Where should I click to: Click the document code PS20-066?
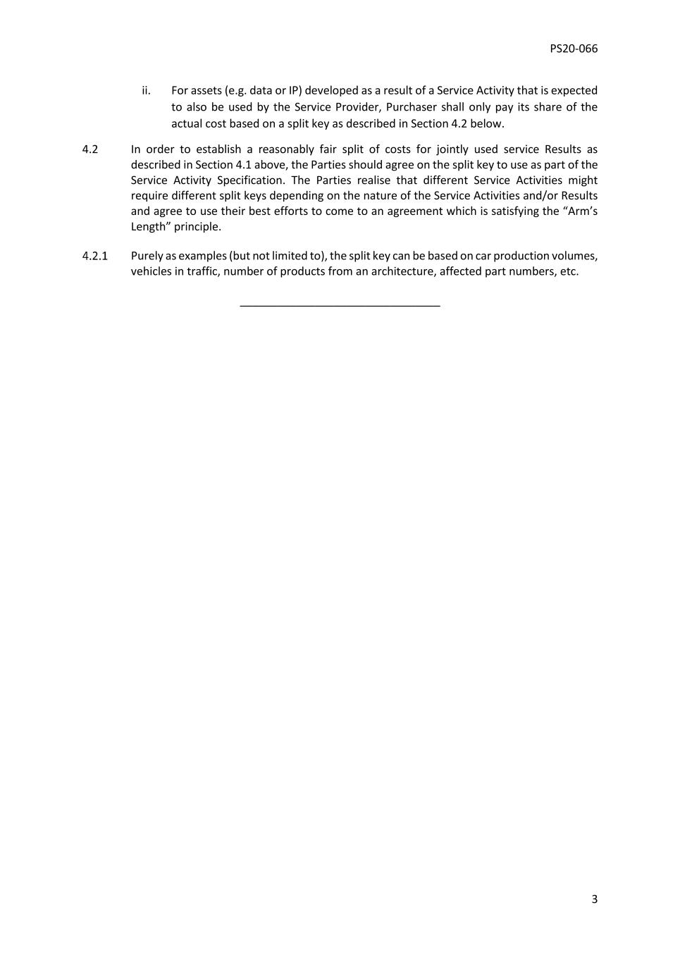tap(574, 49)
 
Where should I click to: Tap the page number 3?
tap(594, 899)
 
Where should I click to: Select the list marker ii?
tap(146, 90)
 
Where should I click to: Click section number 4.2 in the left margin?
tap(89, 149)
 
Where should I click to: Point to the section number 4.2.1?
tap(94, 256)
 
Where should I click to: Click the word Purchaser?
tap(412, 107)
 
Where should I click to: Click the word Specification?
tap(250, 180)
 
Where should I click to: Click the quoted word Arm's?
tap(580, 211)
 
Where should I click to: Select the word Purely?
tap(147, 256)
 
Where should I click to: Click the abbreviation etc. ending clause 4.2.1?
tap(569, 271)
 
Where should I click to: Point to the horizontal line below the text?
tap(340, 306)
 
